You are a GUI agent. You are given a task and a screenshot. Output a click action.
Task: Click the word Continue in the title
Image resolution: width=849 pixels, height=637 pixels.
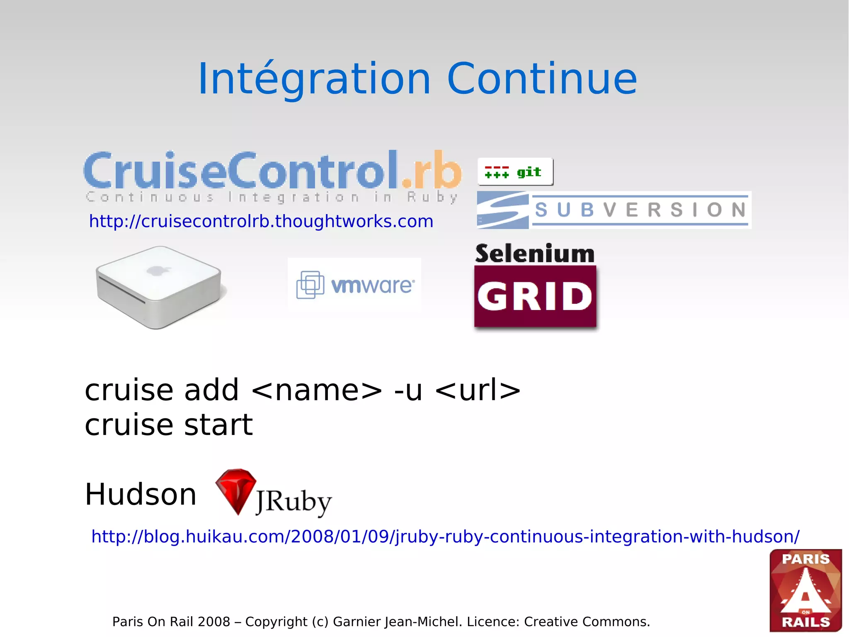(x=542, y=79)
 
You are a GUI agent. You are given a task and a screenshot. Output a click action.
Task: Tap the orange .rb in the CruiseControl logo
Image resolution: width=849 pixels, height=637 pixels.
(x=431, y=170)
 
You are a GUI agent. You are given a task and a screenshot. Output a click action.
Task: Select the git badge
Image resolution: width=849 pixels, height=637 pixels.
(x=515, y=172)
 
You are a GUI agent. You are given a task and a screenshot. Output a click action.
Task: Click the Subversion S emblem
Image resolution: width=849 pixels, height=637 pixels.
(x=502, y=210)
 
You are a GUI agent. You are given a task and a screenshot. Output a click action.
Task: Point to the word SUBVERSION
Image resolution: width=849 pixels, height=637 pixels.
(x=640, y=210)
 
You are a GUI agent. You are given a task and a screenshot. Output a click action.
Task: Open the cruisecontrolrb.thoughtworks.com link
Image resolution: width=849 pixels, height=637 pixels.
(x=261, y=222)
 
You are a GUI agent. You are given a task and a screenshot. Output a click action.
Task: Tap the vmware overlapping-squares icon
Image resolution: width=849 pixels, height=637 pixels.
(x=310, y=285)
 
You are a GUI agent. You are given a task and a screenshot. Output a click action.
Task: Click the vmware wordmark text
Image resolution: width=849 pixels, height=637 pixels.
(x=372, y=286)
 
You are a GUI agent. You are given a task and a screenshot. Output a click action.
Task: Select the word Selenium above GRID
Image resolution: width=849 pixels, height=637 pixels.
(x=535, y=254)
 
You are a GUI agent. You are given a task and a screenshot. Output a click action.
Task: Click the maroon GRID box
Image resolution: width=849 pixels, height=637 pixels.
(x=535, y=296)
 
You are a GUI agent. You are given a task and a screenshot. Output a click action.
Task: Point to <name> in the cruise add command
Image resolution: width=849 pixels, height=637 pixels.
(x=317, y=390)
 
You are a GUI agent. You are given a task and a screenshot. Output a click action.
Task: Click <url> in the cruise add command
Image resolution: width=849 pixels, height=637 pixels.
(x=478, y=390)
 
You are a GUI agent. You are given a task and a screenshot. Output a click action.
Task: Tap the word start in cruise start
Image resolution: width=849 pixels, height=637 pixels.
(x=218, y=425)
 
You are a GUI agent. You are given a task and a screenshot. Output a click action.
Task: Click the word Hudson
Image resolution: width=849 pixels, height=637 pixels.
(x=141, y=495)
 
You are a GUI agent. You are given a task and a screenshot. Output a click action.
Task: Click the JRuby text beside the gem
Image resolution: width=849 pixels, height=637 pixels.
(x=294, y=501)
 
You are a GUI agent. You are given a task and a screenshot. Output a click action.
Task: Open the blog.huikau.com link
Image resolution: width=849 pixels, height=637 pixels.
(x=445, y=537)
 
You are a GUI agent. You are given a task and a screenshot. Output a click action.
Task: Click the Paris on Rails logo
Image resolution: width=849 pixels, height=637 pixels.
(x=805, y=590)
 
